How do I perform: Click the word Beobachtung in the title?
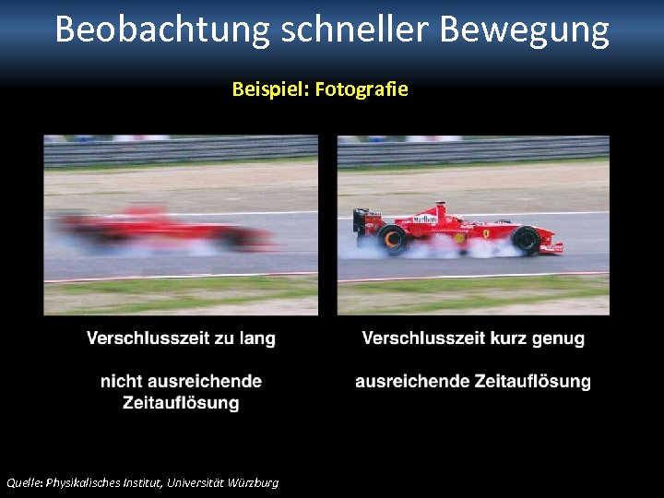pos(162,30)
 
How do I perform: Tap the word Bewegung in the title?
pos(524,30)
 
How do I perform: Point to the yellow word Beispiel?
pos(269,89)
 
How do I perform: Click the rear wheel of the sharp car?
pos(393,239)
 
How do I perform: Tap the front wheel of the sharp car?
pos(526,240)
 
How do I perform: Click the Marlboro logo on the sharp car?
pos(425,219)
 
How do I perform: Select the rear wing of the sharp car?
pos(361,219)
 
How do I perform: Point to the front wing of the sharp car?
pos(551,247)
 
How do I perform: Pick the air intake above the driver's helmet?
pos(442,208)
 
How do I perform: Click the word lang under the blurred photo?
pos(257,338)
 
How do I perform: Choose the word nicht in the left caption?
pos(122,381)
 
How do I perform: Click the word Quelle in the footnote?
pos(23,482)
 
